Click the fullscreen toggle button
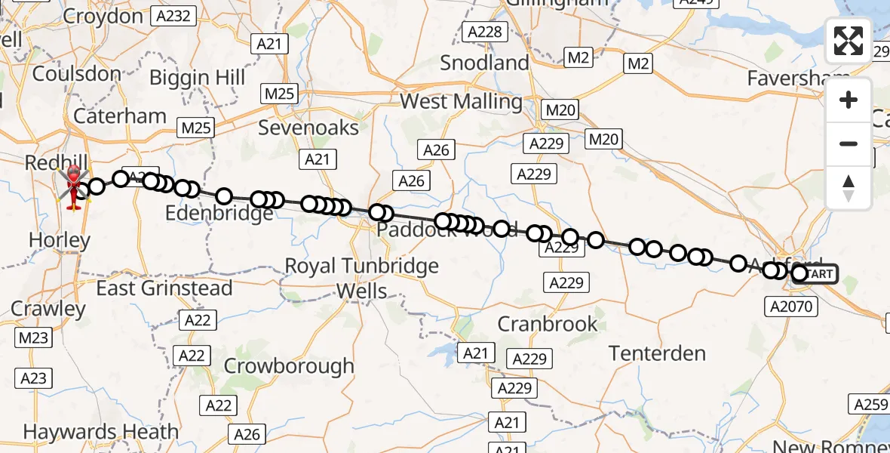849,41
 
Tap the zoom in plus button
849,100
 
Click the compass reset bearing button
849,187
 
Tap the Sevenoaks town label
308,128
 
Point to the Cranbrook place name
548,325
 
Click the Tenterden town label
657,353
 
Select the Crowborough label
289,366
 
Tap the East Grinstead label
164,288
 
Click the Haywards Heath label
101,432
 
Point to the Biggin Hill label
197,78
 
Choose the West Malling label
461,102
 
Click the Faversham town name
789,79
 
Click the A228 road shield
485,32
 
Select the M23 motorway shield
33,338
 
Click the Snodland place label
485,63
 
